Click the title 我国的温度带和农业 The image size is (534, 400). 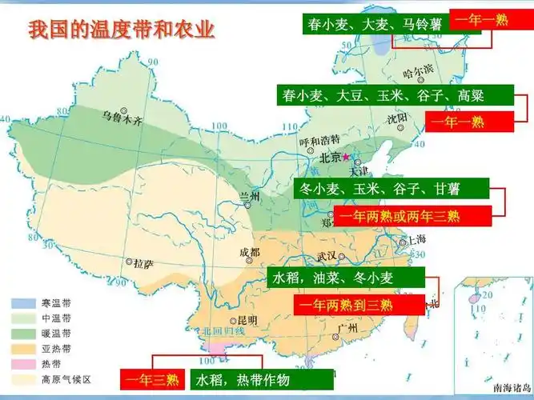pos(122,31)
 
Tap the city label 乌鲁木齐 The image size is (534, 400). pos(121,121)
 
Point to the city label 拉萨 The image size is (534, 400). pos(142,262)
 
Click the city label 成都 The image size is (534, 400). pos(249,253)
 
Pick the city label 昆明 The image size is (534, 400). pos(247,321)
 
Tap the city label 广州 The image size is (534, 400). pos(347,328)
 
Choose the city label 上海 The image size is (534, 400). pos(416,239)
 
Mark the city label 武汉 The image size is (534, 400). pos(327,257)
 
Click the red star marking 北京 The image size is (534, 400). pos(347,158)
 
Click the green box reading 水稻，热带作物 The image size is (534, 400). pos(243,379)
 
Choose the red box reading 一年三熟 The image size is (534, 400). pos(153,379)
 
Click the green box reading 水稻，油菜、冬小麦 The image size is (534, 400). pos(344,278)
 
